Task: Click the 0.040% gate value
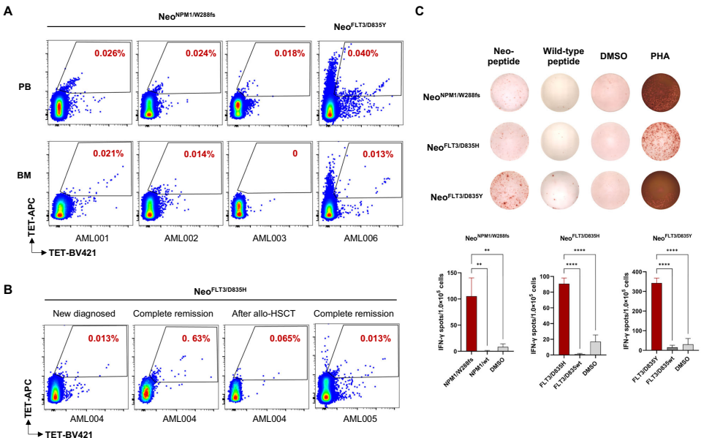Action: pyautogui.click(x=363, y=53)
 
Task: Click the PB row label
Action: pyautogui.click(x=25, y=86)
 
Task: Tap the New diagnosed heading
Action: pyautogui.click(x=85, y=314)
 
